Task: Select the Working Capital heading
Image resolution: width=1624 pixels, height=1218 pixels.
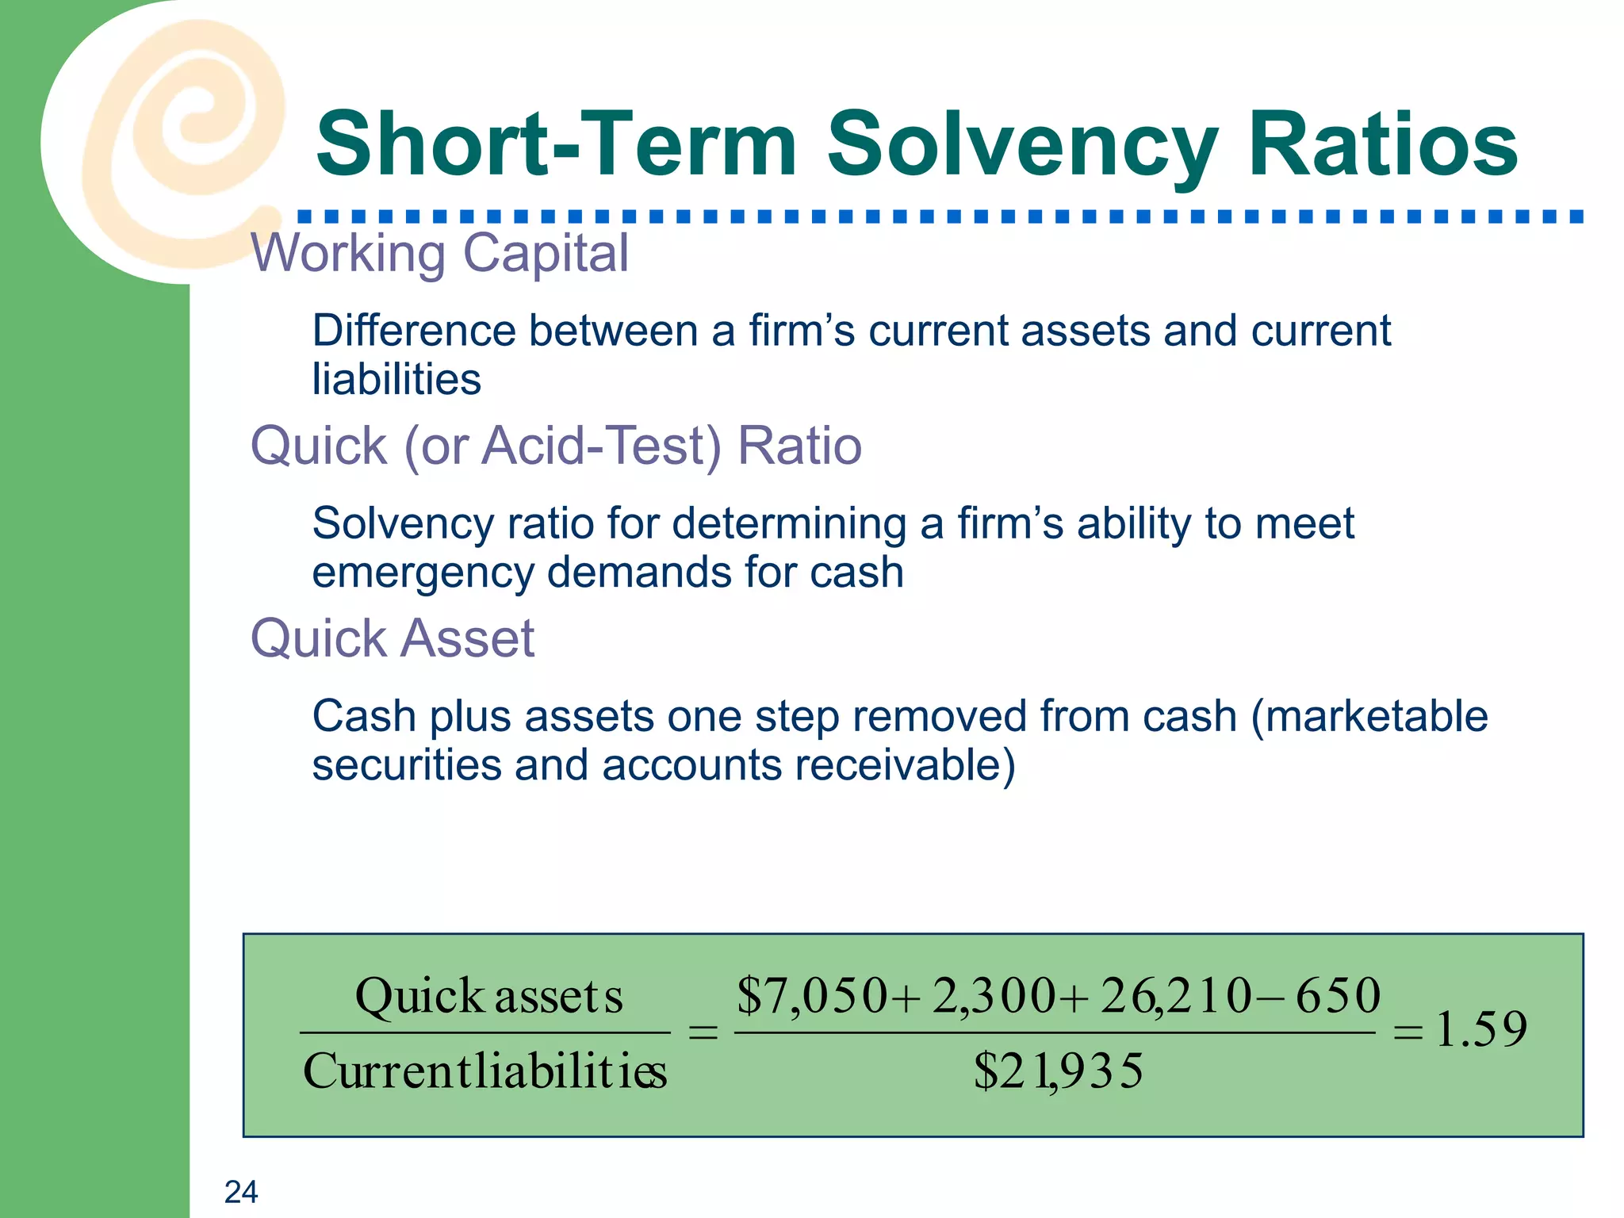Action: (x=440, y=254)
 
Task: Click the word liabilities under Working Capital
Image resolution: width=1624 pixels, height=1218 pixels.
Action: (x=396, y=380)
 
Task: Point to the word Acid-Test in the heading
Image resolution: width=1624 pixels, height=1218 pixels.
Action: (x=602, y=446)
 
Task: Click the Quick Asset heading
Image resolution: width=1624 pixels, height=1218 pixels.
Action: (x=393, y=638)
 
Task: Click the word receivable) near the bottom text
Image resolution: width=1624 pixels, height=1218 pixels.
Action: (x=905, y=766)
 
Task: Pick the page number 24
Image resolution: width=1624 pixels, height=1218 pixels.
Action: (x=241, y=1192)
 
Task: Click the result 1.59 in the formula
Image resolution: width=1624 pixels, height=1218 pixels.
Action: (x=1481, y=1030)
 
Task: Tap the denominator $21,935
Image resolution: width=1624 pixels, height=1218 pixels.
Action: (x=1059, y=1071)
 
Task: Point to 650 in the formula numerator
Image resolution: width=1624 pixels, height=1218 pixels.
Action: (x=1339, y=996)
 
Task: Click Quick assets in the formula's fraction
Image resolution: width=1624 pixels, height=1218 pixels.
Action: (x=488, y=996)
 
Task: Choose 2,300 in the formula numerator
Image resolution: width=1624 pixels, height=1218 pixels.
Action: (x=994, y=996)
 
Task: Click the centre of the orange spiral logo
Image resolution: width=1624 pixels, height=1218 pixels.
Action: (x=191, y=127)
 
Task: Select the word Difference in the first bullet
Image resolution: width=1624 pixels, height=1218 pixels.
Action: (x=413, y=331)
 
